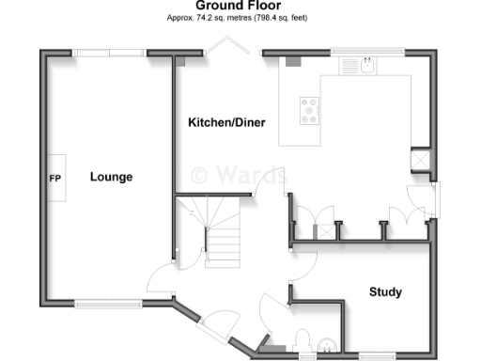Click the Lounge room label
tap(111, 177)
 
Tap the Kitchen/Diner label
tap(225, 123)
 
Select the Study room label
tap(385, 292)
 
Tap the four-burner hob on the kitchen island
tap(308, 111)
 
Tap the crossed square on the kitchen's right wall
tap(421, 161)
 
